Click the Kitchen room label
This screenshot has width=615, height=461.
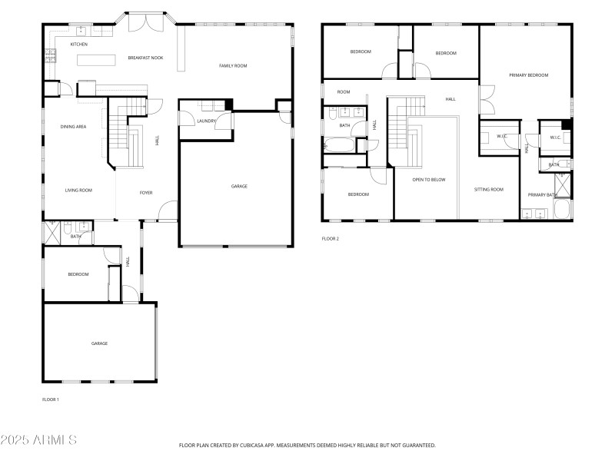[x=79, y=45]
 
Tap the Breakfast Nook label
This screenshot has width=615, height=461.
[x=145, y=58]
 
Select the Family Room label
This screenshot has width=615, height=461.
[x=233, y=66]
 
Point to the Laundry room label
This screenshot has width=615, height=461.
[x=206, y=121]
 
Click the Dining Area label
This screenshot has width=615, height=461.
[x=73, y=126]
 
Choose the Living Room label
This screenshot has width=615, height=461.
[x=78, y=190]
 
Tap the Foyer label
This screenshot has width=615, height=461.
[x=146, y=193]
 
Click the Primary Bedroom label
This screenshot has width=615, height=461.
[x=528, y=75]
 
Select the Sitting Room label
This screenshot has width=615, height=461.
[x=488, y=189]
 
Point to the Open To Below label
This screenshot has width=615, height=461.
[x=428, y=180]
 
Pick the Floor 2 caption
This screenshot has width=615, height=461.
[x=330, y=239]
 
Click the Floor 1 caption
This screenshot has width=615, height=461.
[x=50, y=400]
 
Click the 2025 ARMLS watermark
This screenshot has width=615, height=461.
[x=38, y=440]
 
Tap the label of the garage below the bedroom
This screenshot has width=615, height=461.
[x=99, y=343]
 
